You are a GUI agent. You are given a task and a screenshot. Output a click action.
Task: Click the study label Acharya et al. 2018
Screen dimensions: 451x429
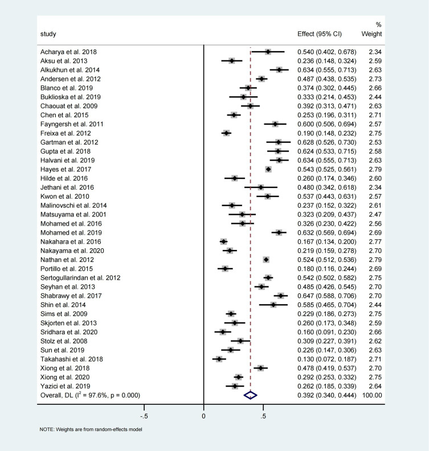click(69, 52)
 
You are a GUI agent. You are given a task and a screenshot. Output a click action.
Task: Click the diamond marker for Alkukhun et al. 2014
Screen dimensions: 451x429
click(279, 69)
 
